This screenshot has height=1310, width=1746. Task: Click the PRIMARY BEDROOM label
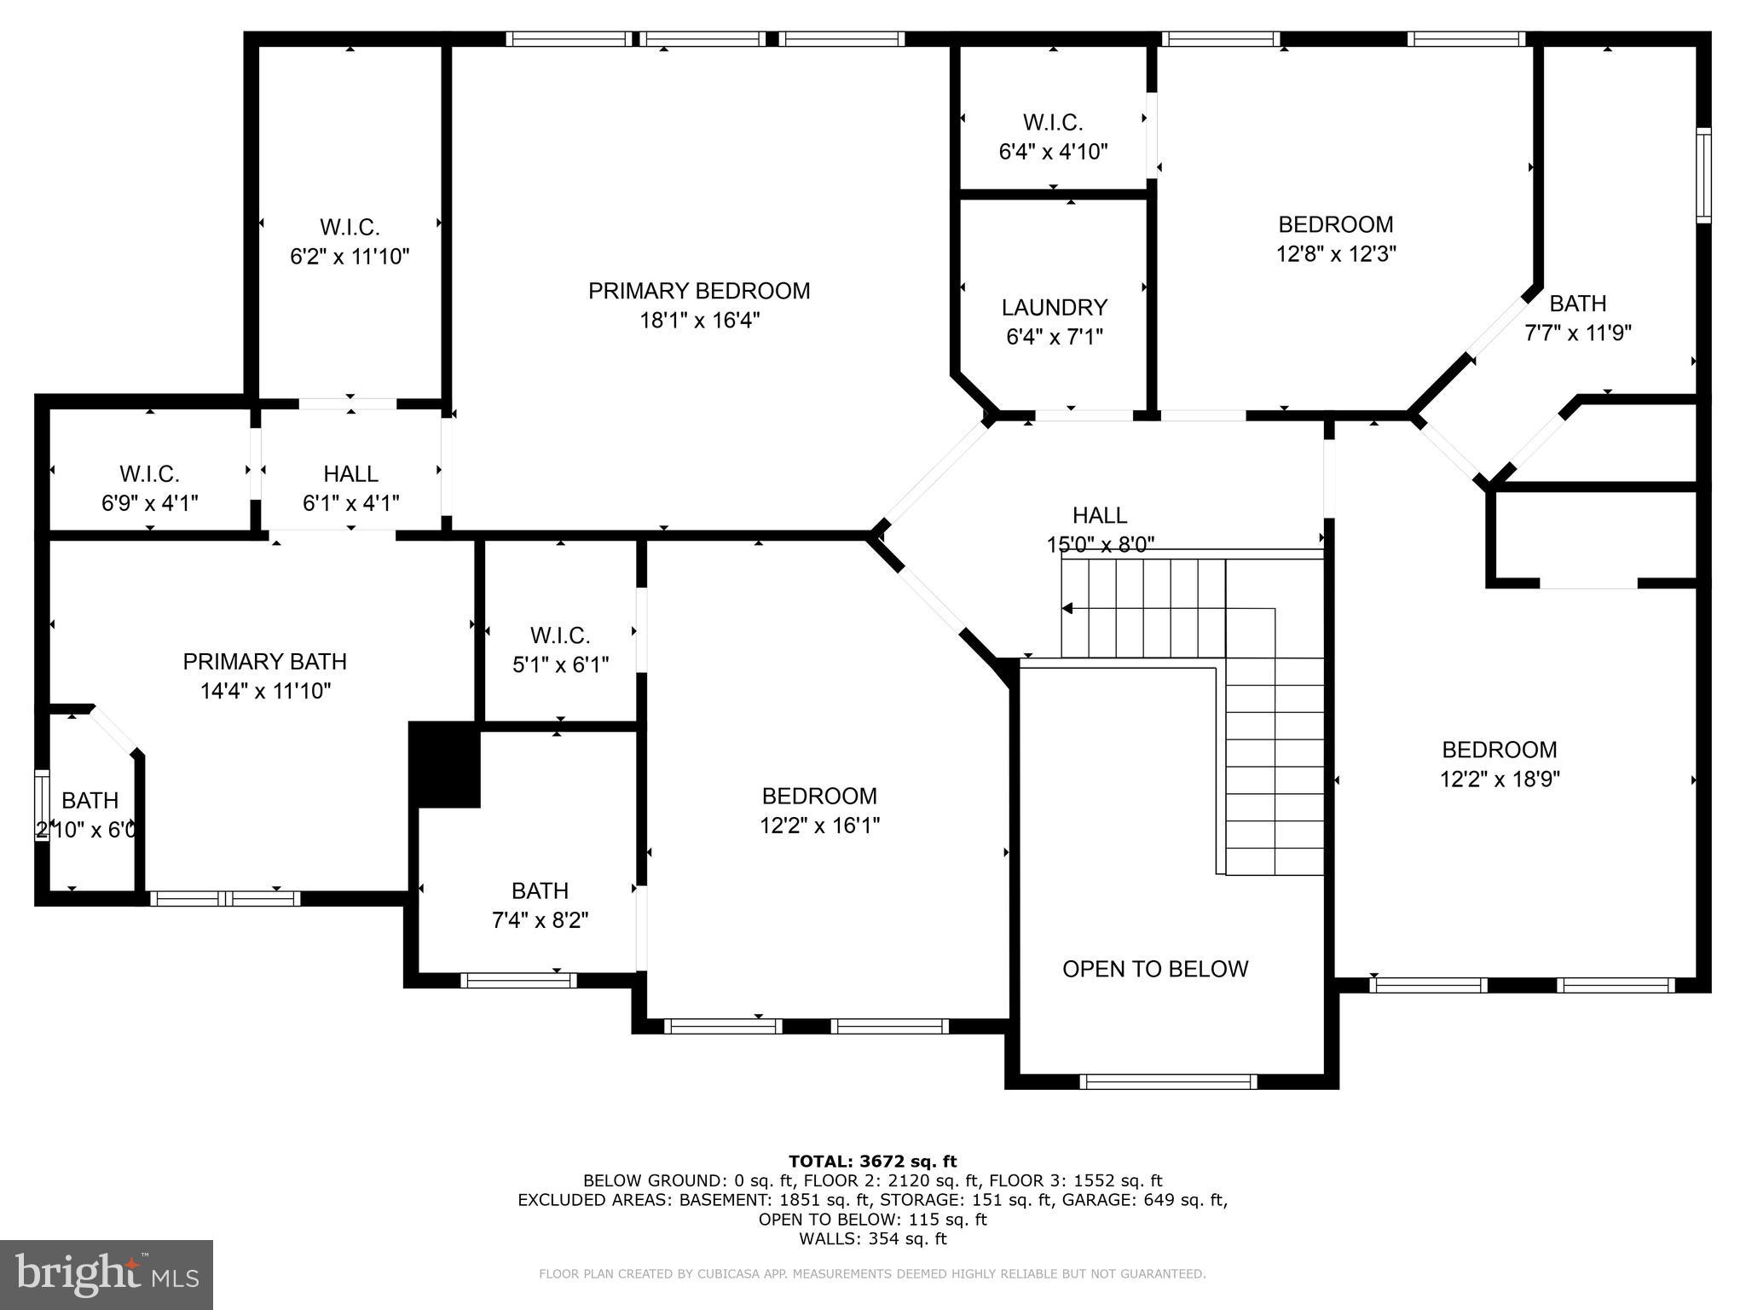coord(699,291)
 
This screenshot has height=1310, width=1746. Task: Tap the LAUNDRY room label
coord(1055,307)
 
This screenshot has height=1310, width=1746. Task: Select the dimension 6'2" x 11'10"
coord(350,256)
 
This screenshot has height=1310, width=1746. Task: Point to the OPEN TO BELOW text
coord(1155,969)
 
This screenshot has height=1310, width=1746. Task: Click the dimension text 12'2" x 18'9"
coord(1500,779)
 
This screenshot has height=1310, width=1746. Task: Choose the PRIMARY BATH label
coord(264,661)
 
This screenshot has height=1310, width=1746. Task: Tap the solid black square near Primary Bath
coord(444,764)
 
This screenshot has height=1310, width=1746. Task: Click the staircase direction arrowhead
coord(1067,608)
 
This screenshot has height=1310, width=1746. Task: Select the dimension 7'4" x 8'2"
coord(540,920)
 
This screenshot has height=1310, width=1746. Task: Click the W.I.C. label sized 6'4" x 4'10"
coord(1053,123)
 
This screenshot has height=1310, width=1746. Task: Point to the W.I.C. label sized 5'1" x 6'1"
coord(560,635)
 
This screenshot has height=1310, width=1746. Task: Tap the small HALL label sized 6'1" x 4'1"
coord(350,473)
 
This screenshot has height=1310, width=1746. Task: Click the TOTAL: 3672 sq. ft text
coord(872,1161)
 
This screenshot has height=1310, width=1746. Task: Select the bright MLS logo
coord(107,1274)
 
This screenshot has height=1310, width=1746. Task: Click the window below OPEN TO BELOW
coord(1168,1081)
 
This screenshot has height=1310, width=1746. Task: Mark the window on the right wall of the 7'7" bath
coord(1703,175)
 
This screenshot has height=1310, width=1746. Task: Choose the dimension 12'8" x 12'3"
coord(1336,253)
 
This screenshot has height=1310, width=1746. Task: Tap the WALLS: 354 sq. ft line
coord(872,1238)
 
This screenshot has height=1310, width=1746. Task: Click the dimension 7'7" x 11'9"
coord(1577,333)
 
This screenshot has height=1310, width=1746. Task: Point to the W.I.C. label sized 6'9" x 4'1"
coord(149,473)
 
